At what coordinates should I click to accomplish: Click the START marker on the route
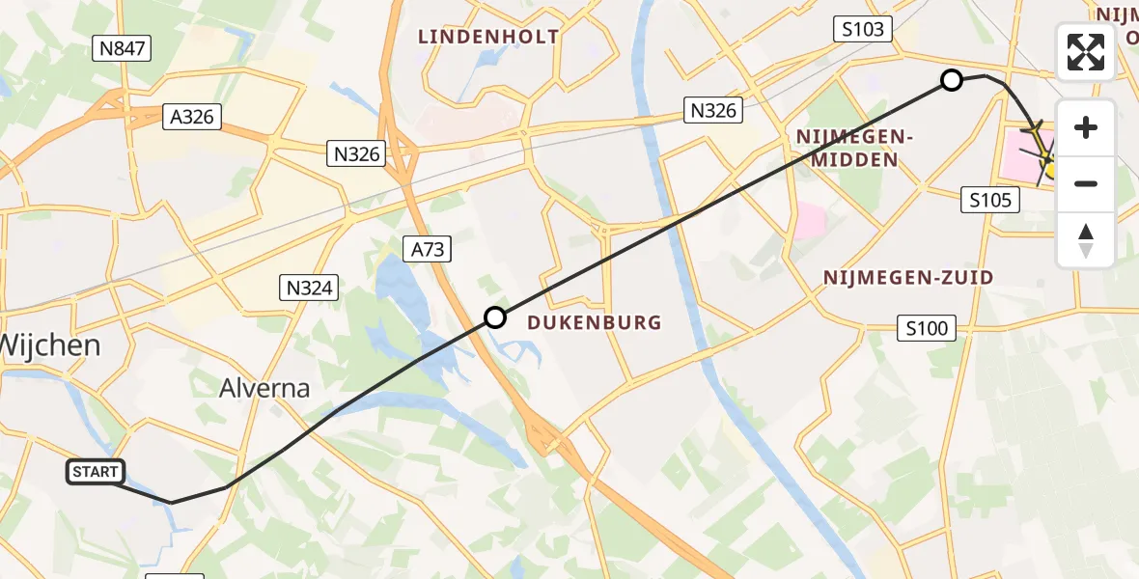(x=96, y=472)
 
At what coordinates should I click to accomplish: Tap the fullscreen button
(x=1086, y=52)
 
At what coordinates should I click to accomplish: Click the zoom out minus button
(x=1086, y=183)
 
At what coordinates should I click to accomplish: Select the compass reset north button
(x=1086, y=240)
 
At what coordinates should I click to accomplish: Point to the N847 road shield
(x=122, y=48)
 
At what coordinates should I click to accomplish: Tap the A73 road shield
(x=428, y=250)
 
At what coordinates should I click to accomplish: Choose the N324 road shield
(x=309, y=287)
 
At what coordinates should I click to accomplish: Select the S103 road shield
(x=862, y=29)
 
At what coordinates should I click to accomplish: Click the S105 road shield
(x=990, y=200)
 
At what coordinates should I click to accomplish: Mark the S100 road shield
(x=927, y=328)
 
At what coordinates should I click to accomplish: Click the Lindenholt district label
(x=487, y=37)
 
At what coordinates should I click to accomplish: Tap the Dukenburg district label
(x=595, y=323)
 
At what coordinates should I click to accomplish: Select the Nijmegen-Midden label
(x=854, y=148)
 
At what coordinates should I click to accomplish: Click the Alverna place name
(x=264, y=389)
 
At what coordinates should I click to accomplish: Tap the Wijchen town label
(x=50, y=344)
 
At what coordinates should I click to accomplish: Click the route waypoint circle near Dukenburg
(x=495, y=317)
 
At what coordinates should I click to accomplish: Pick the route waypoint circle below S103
(x=952, y=80)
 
